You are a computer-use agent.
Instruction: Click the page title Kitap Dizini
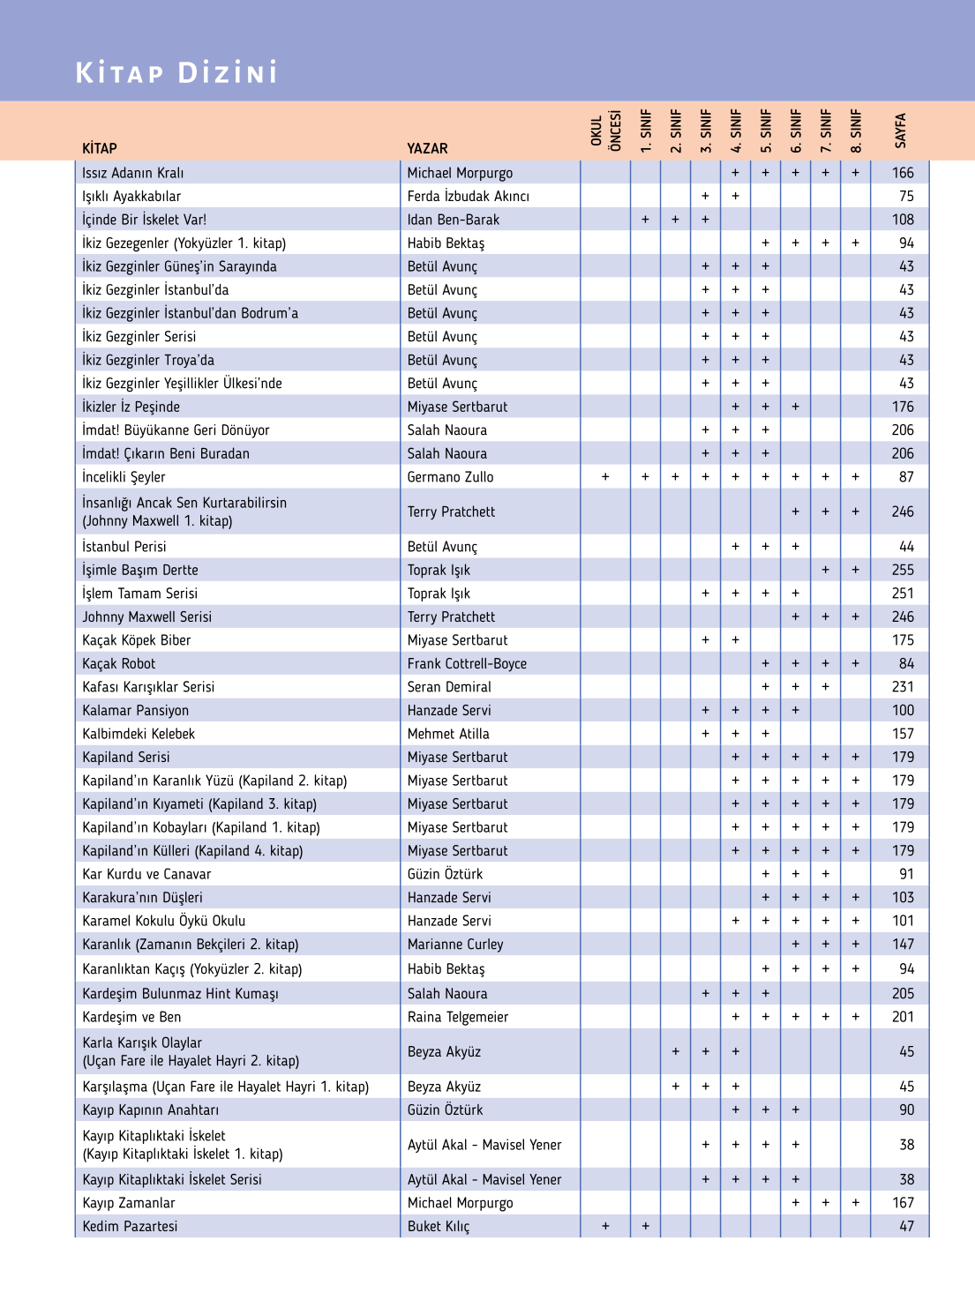[x=176, y=72]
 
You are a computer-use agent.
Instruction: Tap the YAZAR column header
[x=427, y=148]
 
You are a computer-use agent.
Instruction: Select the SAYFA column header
[x=900, y=131]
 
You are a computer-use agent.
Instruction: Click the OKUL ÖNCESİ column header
[x=605, y=131]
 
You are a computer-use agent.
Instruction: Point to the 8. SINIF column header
[x=855, y=131]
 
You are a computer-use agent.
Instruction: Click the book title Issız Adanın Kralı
[x=133, y=173]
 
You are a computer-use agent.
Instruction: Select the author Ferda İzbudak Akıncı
[x=468, y=196]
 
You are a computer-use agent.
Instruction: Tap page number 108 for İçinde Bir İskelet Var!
[x=903, y=220]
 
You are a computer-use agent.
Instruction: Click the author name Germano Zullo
[x=450, y=476]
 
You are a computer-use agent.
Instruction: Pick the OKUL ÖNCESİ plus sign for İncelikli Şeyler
[x=605, y=476]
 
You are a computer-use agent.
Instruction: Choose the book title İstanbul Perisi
[x=124, y=547]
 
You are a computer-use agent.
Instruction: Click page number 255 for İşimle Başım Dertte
[x=903, y=570]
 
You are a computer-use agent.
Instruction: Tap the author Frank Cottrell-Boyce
[x=467, y=663]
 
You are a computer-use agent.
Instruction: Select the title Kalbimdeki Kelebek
[x=139, y=734]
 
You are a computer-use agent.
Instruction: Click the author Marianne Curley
[x=455, y=944]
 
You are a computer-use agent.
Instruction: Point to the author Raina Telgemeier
[x=458, y=1017]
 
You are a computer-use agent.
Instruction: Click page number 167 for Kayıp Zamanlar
[x=903, y=1203]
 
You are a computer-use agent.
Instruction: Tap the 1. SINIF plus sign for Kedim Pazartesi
[x=645, y=1226]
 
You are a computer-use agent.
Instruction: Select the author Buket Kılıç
[x=439, y=1226]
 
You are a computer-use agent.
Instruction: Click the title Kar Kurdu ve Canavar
[x=146, y=874]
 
